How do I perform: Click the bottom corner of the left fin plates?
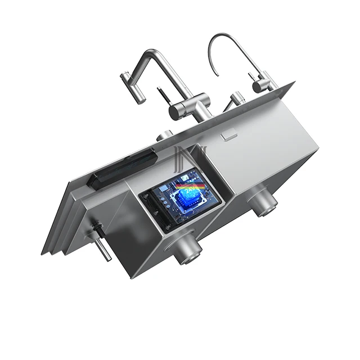45,253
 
